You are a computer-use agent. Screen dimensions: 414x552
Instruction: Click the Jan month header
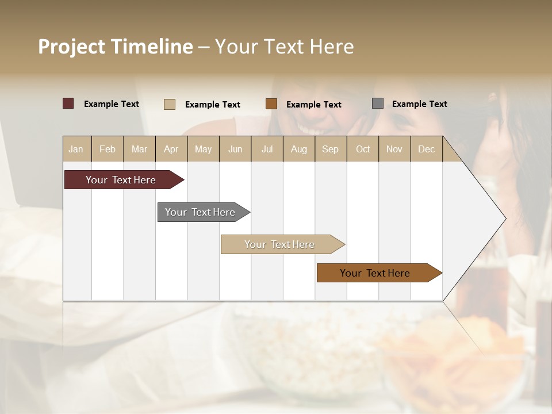coord(76,149)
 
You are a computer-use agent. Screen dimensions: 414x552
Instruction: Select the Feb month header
coord(108,149)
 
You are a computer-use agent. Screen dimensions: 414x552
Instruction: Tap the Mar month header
coord(139,149)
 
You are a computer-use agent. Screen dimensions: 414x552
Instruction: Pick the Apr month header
coord(171,149)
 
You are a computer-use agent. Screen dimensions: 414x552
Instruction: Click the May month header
coord(203,149)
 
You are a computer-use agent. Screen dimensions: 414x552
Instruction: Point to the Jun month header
coord(235,149)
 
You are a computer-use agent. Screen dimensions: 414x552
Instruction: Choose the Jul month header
coord(267,149)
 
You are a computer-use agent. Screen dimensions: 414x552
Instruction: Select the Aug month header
coord(299,149)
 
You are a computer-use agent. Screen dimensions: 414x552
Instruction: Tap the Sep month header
coord(331,149)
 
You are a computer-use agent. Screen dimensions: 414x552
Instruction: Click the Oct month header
coord(363,149)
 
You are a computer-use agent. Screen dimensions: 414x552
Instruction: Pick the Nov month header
coord(394,149)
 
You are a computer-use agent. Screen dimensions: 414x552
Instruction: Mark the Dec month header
coord(427,149)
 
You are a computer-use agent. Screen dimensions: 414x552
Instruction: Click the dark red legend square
coord(68,103)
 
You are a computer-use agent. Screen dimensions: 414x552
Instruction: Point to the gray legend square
coord(378,103)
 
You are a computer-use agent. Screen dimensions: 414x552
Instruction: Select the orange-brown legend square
coord(271,103)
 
